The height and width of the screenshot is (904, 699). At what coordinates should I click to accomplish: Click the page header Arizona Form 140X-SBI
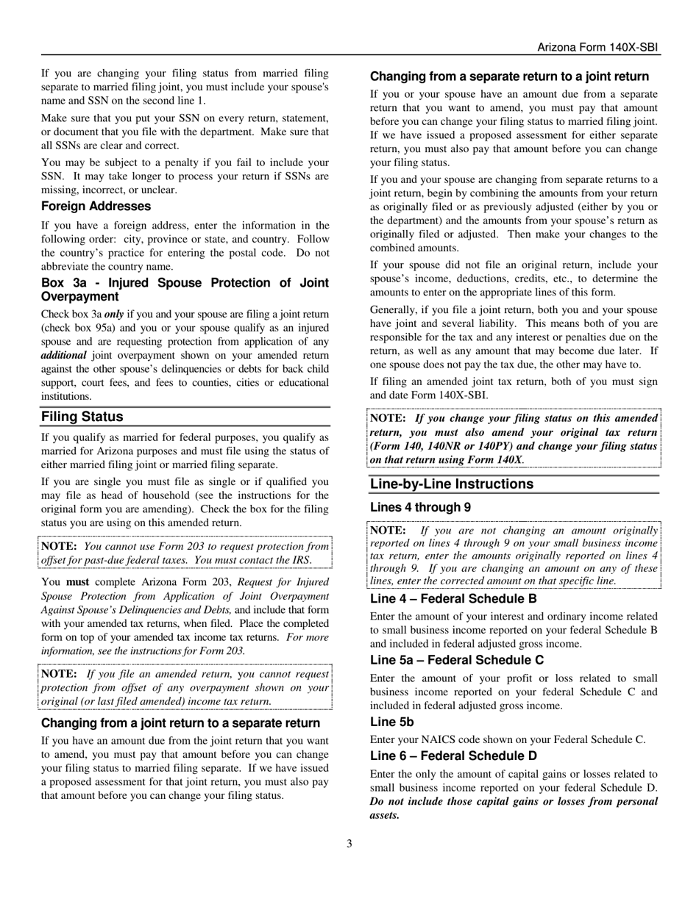point(597,48)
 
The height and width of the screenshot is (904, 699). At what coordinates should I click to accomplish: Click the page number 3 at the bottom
point(349,844)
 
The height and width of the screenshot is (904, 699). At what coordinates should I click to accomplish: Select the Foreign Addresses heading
point(96,207)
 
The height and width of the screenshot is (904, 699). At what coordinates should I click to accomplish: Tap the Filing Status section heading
point(82,417)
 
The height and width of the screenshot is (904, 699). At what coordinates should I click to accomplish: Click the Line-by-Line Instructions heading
point(452,484)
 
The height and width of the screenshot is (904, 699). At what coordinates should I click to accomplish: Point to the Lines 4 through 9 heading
point(420,507)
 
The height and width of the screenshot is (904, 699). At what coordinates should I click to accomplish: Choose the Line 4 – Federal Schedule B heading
point(453,598)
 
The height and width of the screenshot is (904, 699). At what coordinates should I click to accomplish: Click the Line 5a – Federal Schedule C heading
point(457,660)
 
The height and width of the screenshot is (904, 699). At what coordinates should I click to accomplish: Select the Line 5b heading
point(392,722)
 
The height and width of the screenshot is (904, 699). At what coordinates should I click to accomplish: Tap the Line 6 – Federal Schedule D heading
point(453,756)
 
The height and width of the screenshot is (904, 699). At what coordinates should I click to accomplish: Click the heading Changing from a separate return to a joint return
point(509,76)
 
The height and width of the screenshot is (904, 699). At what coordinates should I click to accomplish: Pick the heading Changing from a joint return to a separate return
point(180,723)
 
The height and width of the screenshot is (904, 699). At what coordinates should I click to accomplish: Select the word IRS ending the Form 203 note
point(302,560)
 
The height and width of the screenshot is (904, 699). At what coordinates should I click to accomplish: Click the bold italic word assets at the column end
point(384,815)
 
